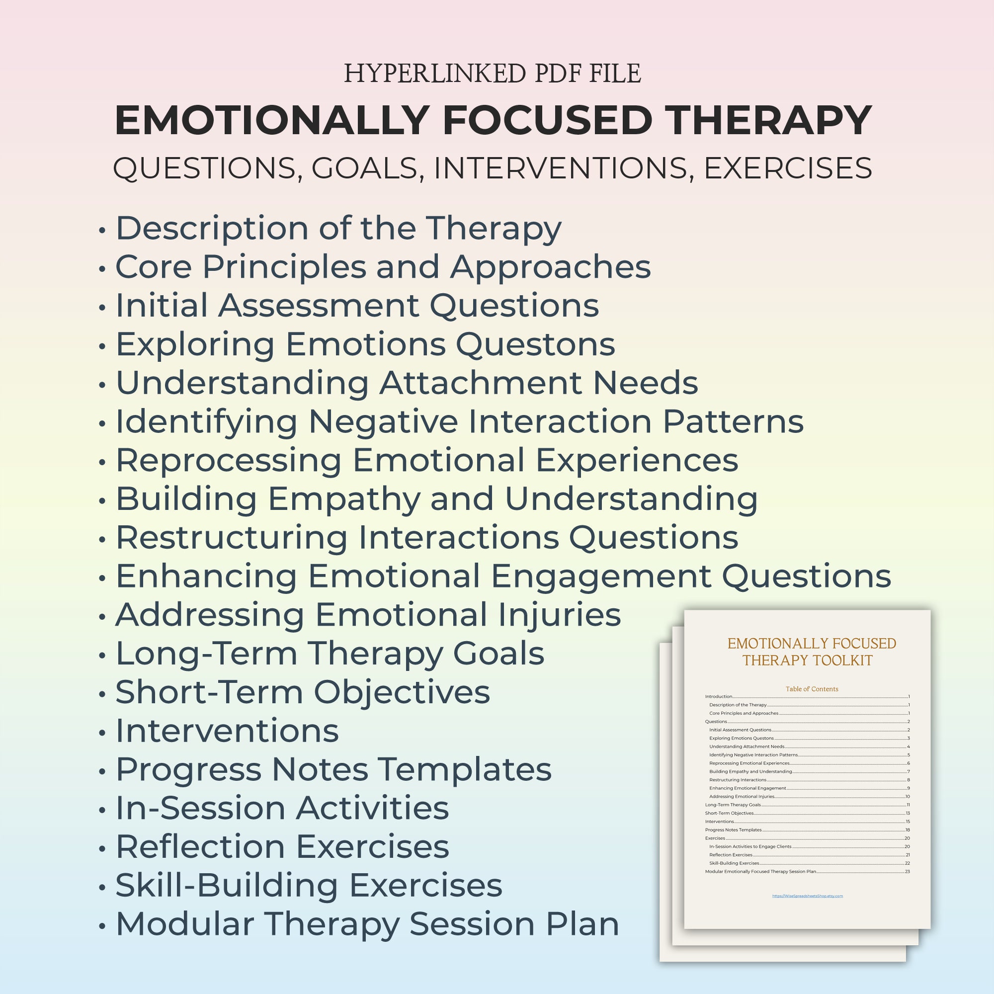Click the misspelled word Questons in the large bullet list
[x=535, y=344]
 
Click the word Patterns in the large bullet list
[x=733, y=421]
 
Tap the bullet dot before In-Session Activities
[x=102, y=810]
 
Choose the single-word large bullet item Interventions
[x=227, y=731]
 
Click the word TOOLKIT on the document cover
[x=841, y=661]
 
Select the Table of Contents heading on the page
[x=812, y=689]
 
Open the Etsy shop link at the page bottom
[x=807, y=896]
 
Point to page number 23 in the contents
[x=908, y=872]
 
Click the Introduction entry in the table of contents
[x=718, y=697]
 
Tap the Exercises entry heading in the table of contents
[x=715, y=838]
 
